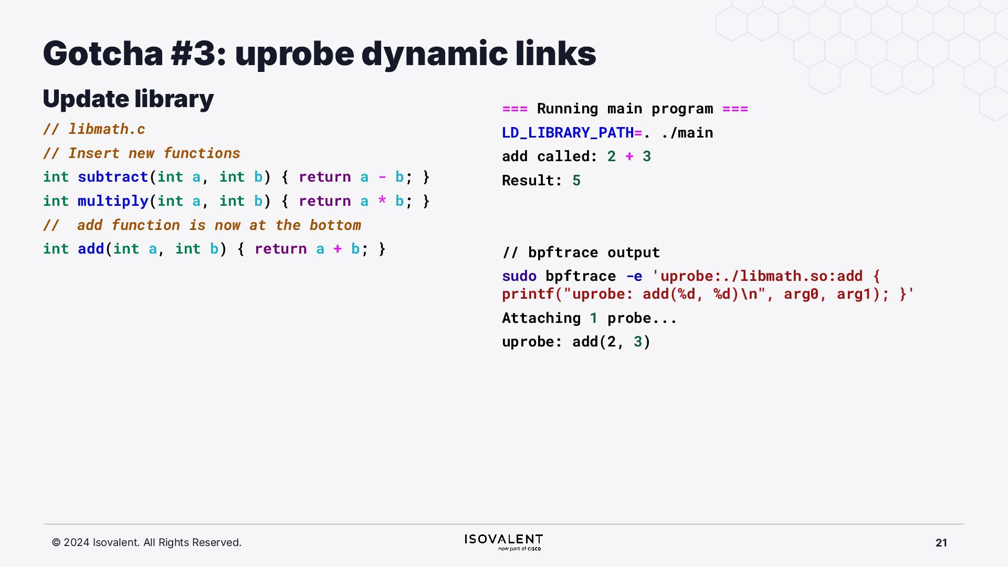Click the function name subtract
click(x=113, y=177)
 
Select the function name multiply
click(x=113, y=201)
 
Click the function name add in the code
click(x=91, y=249)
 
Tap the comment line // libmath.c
click(x=94, y=129)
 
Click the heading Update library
click(x=128, y=99)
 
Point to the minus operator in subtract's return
click(x=382, y=177)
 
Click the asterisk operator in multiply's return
click(x=382, y=201)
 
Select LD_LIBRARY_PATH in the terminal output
click(x=568, y=133)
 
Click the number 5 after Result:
click(x=576, y=181)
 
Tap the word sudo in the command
click(x=519, y=276)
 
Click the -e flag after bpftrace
click(x=634, y=276)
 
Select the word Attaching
click(x=541, y=318)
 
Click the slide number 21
click(x=941, y=543)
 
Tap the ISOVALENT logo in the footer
click(x=503, y=542)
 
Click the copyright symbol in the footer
click(x=56, y=543)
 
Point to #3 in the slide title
click(x=193, y=54)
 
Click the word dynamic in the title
click(x=434, y=54)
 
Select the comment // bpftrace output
click(x=581, y=253)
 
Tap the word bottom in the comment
click(x=335, y=225)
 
